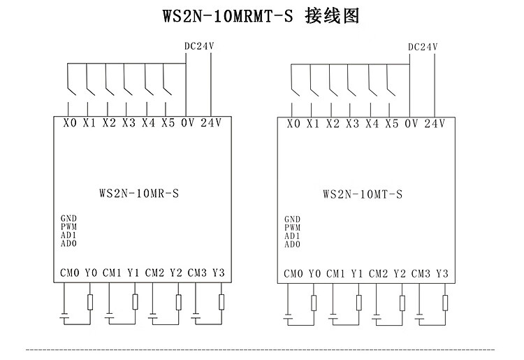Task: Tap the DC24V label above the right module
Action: (x=422, y=48)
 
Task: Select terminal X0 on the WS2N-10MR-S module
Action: (x=69, y=123)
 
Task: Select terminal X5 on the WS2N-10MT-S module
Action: (x=391, y=123)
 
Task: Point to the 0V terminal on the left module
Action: (x=187, y=123)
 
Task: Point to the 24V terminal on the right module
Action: (x=434, y=123)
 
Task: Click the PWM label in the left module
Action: (x=68, y=227)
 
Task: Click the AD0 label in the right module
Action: (x=292, y=244)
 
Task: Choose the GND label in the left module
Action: (x=68, y=219)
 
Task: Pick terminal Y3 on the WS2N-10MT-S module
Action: (x=442, y=273)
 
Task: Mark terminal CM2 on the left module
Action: (x=155, y=273)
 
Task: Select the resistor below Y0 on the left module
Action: (x=91, y=302)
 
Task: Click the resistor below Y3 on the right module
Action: (x=445, y=302)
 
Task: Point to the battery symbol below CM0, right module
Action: (x=290, y=316)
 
